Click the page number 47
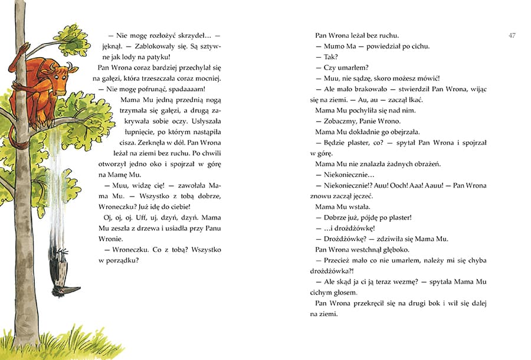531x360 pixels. [512, 35]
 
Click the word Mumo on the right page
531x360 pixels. [334, 46]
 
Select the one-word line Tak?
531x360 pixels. [330, 57]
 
